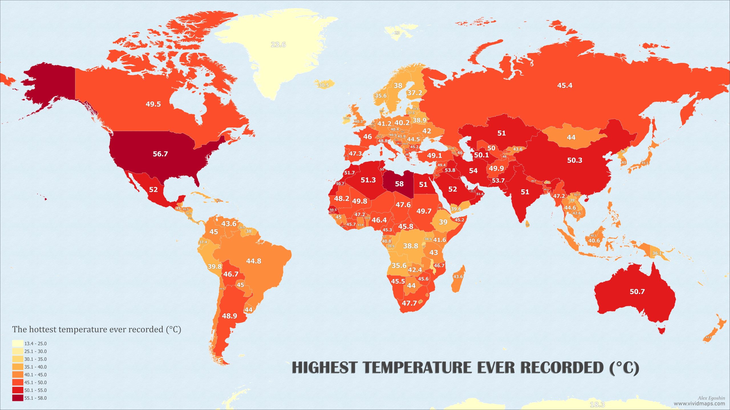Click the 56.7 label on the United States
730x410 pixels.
(160, 154)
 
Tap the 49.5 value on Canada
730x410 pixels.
(153, 104)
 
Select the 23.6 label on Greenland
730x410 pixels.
(278, 45)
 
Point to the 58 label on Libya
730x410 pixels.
(399, 184)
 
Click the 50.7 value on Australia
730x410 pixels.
(637, 292)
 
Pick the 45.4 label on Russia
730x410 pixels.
(565, 85)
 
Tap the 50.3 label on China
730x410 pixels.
(575, 160)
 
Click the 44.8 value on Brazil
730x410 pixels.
(254, 261)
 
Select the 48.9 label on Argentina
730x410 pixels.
(229, 316)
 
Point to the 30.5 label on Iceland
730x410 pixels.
(323, 85)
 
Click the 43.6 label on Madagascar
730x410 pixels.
(458, 277)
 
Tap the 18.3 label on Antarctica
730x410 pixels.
(597, 405)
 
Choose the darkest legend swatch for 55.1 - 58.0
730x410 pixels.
(17, 398)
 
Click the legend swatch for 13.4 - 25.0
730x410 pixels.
(17, 344)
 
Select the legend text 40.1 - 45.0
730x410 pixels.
(35, 375)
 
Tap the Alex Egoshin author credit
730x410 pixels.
(711, 398)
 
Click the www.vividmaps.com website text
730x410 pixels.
(699, 403)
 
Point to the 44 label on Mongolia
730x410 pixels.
(571, 138)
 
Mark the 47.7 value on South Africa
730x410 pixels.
(409, 303)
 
